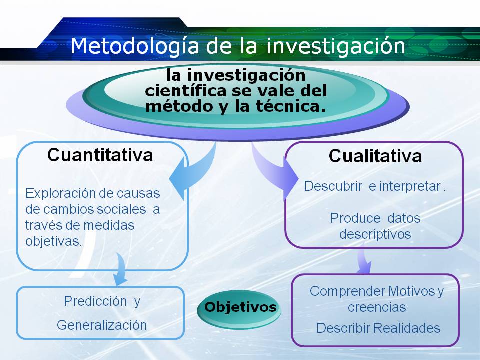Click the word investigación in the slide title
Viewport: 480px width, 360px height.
pos(335,46)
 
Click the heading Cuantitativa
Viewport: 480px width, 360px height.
pos(100,155)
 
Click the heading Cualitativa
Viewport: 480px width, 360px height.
pos(375,156)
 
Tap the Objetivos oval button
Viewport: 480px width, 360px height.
pos(240,306)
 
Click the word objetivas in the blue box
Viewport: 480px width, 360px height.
pos(53,241)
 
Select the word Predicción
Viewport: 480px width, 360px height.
pos(95,301)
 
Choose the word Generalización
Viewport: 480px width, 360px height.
pos(102,325)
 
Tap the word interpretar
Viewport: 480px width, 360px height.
pos(409,187)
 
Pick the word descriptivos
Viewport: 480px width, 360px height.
pos(375,234)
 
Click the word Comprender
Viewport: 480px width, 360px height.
pos(347,291)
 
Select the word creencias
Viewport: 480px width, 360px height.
pos(376,307)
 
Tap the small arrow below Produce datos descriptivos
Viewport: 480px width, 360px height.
pos(363,261)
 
